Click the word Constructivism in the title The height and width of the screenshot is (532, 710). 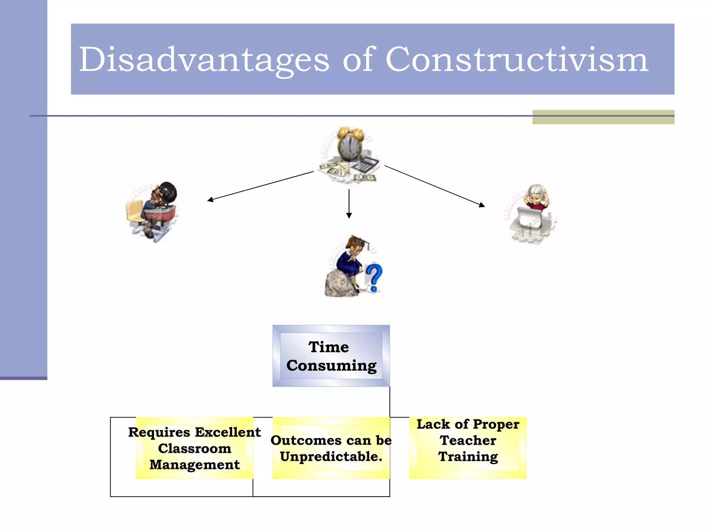(x=517, y=60)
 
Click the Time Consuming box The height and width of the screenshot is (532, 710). (x=331, y=356)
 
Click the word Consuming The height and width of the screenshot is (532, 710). (x=331, y=366)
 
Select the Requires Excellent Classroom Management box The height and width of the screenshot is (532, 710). (x=194, y=448)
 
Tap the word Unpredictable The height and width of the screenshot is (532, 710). (x=331, y=457)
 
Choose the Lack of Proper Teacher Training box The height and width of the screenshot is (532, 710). (x=468, y=448)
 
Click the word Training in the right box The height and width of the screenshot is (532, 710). (x=468, y=457)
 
